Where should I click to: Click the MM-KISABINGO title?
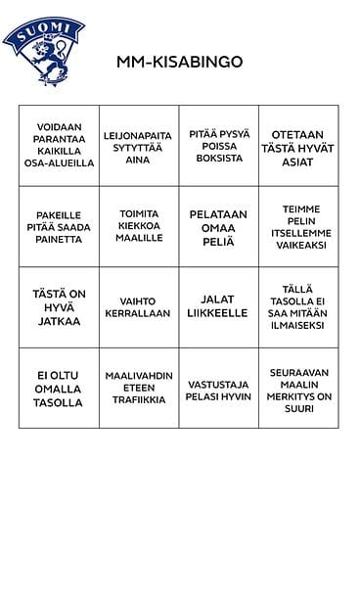point(179,62)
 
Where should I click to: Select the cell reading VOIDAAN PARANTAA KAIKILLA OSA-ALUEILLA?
point(59,145)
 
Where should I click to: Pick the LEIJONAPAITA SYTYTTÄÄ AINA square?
point(139,146)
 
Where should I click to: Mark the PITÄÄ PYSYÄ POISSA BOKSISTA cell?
point(219,145)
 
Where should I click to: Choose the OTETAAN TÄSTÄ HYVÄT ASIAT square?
point(299,145)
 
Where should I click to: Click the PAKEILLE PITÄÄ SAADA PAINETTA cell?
point(59,226)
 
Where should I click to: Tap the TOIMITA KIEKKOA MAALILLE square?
point(139,226)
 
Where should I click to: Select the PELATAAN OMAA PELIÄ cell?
point(219,226)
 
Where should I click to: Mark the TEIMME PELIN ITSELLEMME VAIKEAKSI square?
point(299,226)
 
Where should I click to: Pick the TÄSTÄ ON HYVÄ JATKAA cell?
point(59,306)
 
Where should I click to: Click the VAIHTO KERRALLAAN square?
point(139,307)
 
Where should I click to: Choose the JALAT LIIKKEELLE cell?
point(219,306)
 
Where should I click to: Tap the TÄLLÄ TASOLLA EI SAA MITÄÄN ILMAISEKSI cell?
point(299,306)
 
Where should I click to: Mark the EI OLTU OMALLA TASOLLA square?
point(59,388)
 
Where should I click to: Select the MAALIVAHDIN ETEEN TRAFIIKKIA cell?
point(139,388)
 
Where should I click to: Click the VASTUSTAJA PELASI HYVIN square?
point(219,388)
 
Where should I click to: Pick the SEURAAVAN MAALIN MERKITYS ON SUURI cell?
point(299,388)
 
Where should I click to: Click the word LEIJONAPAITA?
point(139,134)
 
